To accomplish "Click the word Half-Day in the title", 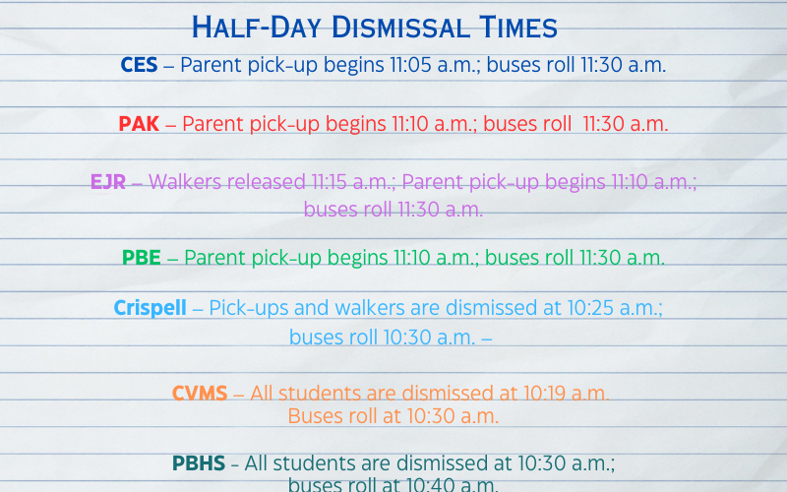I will [247, 27].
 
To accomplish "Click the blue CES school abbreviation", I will [139, 65].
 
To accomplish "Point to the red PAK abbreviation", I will [139, 124].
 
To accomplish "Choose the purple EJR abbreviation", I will [107, 182].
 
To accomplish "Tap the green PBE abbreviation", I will [142, 258].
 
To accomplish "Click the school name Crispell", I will [150, 308].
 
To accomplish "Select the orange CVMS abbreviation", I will [200, 394].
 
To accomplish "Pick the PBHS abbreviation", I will [199, 462].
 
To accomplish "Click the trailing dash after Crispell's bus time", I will [486, 338].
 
